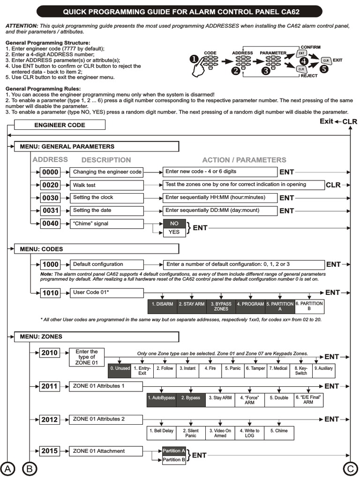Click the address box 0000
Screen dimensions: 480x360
point(50,172)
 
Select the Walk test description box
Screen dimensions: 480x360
point(106,185)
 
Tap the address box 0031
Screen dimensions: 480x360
point(50,211)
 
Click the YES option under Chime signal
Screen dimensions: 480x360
point(174,232)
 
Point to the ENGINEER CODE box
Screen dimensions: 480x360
point(60,125)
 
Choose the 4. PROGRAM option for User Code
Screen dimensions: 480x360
point(250,304)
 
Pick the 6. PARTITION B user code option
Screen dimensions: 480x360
point(309,306)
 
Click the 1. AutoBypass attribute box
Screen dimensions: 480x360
point(161,398)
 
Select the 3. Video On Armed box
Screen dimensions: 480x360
point(220,433)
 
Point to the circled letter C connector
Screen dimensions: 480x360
point(349,468)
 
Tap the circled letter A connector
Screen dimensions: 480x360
point(7,468)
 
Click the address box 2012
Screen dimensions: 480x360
point(49,419)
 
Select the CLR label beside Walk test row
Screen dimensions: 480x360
point(333,185)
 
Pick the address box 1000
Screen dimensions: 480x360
point(50,264)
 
